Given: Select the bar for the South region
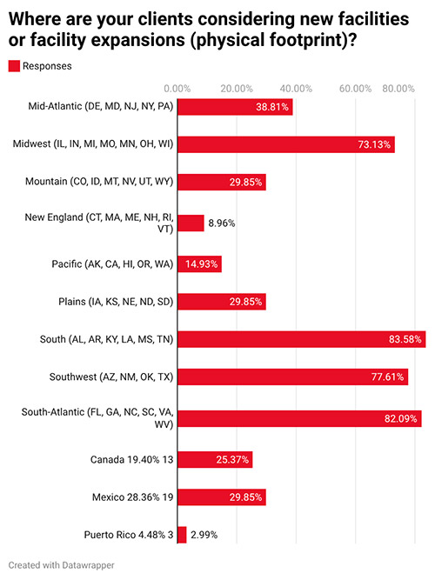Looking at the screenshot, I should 301,339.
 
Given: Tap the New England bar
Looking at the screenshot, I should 191,223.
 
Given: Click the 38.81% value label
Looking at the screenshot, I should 272,106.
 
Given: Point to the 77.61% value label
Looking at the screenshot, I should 387,378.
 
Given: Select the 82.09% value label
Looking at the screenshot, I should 401,417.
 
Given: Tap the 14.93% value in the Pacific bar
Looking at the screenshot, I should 200,262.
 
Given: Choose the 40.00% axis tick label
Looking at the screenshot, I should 296,89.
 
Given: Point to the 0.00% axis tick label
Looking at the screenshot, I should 177,89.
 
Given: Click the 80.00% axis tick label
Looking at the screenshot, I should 399,89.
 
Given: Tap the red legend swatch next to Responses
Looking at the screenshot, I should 14,65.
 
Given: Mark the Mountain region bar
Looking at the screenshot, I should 221,183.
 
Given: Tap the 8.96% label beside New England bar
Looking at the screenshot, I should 222,223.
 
